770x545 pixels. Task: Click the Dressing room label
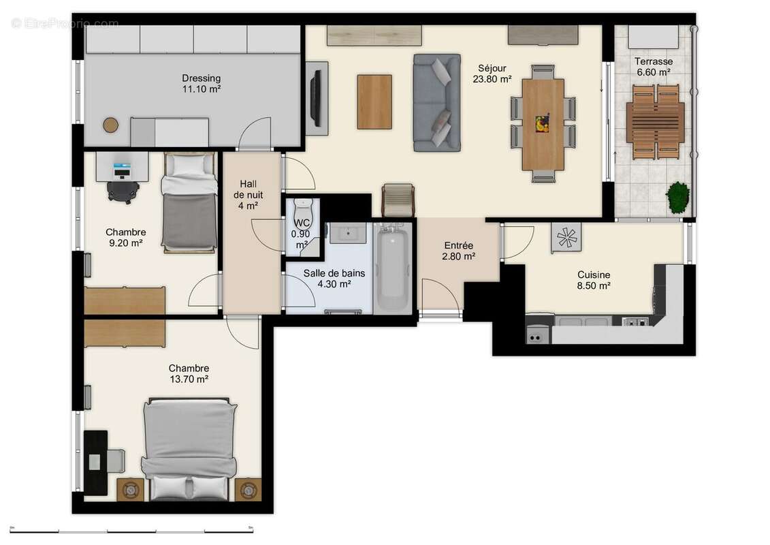point(201,78)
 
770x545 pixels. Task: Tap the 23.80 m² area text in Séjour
point(492,79)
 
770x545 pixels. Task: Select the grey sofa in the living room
point(436,102)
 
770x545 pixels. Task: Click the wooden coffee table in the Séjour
point(374,102)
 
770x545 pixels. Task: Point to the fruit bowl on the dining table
point(542,123)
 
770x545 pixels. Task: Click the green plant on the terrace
point(677,197)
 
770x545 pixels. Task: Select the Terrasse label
point(654,61)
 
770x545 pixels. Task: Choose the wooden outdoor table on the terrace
point(655,122)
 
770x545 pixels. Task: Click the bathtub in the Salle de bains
point(393,270)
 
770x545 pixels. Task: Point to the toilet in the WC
point(301,209)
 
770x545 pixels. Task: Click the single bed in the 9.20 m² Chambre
point(190,203)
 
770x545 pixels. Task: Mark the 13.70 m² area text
point(189,380)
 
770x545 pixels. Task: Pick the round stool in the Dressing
point(110,125)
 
